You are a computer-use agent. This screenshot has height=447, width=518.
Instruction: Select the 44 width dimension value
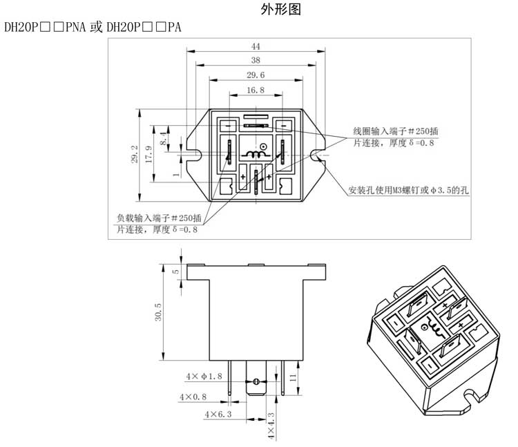tap(256, 46)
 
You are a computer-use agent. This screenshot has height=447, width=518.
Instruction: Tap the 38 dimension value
tap(256, 60)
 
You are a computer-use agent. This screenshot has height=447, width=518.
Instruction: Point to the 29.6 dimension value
tap(256, 75)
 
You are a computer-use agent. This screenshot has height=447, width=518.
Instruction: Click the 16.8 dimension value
tap(256, 90)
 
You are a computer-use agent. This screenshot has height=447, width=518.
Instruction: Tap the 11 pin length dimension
tap(294, 377)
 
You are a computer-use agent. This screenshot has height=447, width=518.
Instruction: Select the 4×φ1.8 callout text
tap(204, 377)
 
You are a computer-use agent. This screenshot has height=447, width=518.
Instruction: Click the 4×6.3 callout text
tap(218, 414)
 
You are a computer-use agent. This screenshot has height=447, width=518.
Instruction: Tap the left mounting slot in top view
tap(196, 155)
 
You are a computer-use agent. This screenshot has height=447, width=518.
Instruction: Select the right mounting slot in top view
tap(316, 155)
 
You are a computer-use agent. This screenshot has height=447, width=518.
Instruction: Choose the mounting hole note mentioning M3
tap(408, 191)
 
